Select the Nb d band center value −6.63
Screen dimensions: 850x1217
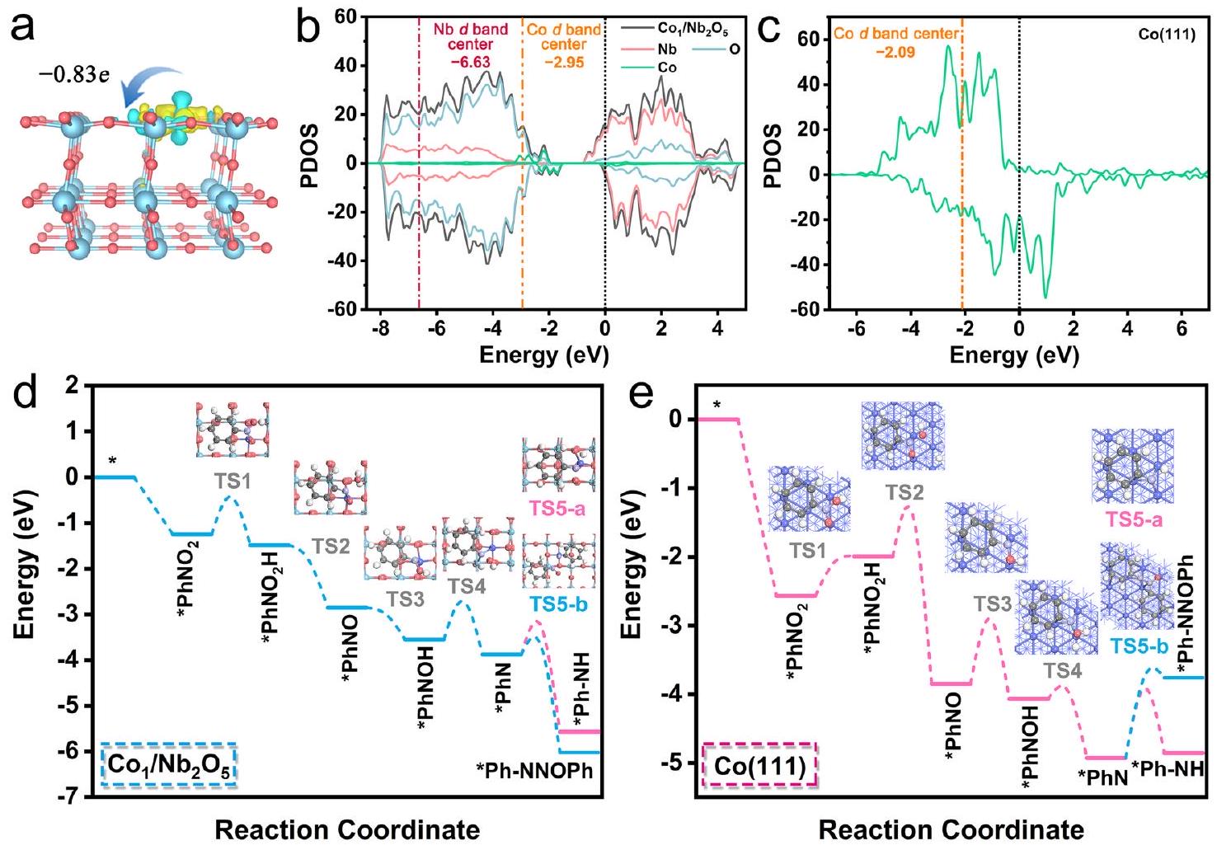(x=470, y=62)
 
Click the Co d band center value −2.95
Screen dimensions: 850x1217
(x=564, y=62)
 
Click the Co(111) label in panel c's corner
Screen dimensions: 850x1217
(x=1166, y=35)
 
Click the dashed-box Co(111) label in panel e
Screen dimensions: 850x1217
(x=759, y=766)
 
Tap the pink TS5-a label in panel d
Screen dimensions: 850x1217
(x=557, y=509)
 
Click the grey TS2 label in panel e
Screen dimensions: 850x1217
(x=905, y=493)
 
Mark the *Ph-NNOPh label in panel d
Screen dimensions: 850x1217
(x=534, y=771)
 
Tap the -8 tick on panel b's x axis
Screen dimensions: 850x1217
(x=380, y=329)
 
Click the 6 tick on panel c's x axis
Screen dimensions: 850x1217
(x=1182, y=329)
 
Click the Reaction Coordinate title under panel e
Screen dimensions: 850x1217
(x=952, y=829)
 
